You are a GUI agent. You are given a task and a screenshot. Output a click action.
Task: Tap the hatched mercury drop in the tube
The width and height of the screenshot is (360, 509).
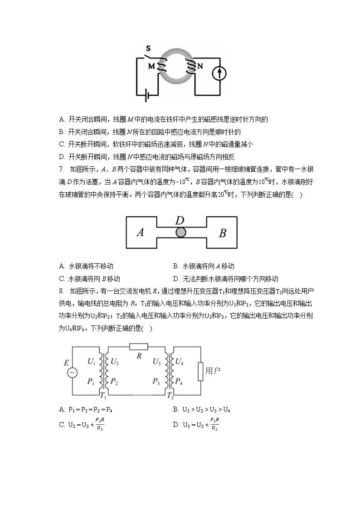181,232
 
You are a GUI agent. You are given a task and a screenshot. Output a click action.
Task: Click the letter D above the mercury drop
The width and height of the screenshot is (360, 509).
180,221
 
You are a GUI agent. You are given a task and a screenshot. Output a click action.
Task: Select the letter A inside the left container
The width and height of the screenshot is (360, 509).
141,233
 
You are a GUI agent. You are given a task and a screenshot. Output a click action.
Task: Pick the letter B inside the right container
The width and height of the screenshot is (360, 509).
222,233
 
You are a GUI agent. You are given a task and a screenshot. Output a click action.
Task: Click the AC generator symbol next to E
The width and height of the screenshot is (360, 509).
72,373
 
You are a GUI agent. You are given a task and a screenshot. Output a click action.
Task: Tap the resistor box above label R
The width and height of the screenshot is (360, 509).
139,347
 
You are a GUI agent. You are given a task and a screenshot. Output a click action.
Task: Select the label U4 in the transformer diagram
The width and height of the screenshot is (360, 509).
180,362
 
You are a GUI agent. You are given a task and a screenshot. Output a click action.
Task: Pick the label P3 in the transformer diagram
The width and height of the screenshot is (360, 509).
156,382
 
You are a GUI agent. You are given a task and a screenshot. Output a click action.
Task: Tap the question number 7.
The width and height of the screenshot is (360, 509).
61,169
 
